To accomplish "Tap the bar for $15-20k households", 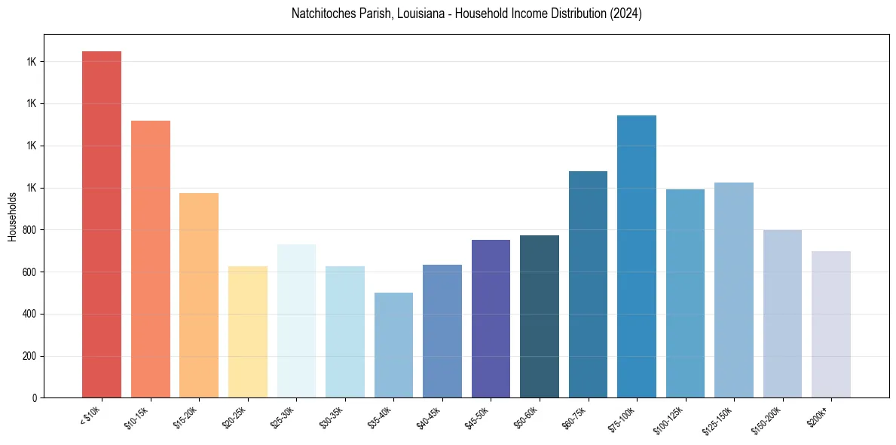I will tap(199, 295).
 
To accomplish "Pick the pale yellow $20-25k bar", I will tap(248, 332).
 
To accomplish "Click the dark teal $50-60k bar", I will tap(540, 316).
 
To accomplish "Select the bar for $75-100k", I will tap(637, 256).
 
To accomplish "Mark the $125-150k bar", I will tap(734, 290).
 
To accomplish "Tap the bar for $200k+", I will tap(831, 324).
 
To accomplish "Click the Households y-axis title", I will tap(12, 216).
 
